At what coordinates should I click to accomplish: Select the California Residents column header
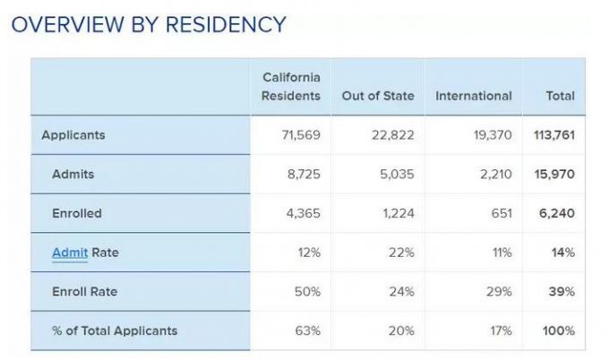(x=290, y=87)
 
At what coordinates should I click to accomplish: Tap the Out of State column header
(x=378, y=96)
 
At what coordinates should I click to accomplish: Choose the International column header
(x=473, y=96)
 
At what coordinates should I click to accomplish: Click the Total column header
(x=560, y=96)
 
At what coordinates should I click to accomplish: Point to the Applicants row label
(x=73, y=135)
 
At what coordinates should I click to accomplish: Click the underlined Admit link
(x=69, y=253)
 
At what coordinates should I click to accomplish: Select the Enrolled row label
(x=77, y=213)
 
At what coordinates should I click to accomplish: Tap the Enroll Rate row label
(x=84, y=291)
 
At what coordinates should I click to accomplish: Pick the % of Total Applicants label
(x=115, y=330)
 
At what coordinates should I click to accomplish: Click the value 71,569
(x=300, y=135)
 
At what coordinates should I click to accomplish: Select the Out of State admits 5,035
(x=397, y=175)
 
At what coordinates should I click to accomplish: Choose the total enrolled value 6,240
(x=557, y=213)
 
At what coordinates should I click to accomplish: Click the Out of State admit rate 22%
(x=401, y=253)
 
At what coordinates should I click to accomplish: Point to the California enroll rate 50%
(x=307, y=291)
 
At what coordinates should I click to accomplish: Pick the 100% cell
(x=558, y=330)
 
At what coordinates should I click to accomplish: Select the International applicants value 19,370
(x=492, y=135)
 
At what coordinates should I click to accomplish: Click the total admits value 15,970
(x=555, y=175)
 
